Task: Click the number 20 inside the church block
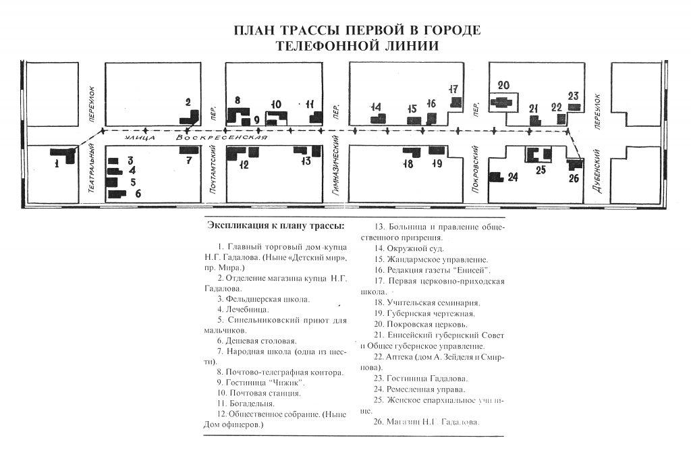tap(503, 85)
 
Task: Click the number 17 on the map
tap(453, 89)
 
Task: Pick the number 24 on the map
tap(512, 177)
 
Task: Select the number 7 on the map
tap(189, 161)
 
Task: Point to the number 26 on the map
tap(574, 178)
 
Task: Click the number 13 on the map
tap(306, 161)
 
